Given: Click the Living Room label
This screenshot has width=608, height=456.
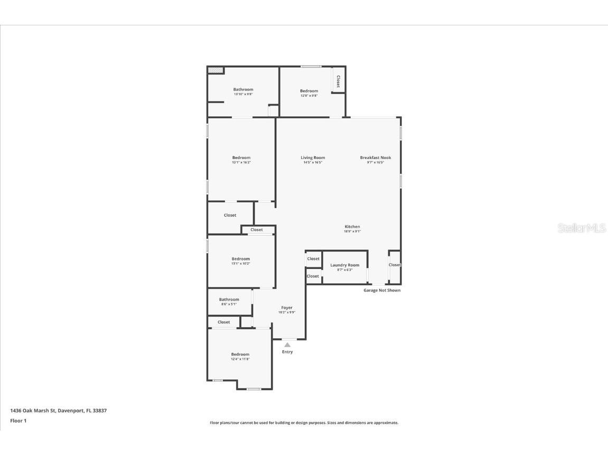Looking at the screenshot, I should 313,157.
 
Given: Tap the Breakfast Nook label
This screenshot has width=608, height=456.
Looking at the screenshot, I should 376,157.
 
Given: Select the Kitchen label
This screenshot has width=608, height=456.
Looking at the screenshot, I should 352,227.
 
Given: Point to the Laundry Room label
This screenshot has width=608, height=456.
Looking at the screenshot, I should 344,265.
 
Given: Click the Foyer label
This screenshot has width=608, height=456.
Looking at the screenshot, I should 287,308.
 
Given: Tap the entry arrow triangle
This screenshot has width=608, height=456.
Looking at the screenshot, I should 287,345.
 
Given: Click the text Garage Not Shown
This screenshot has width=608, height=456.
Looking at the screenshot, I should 382,290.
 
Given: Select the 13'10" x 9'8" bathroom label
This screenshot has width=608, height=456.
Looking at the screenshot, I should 244,90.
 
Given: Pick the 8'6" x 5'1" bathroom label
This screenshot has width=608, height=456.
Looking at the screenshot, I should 229,300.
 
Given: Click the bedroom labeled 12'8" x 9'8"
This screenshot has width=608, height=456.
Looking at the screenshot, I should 309,91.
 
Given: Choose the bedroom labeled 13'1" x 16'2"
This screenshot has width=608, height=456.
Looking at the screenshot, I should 241,158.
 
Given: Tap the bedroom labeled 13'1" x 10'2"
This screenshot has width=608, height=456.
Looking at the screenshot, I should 241,259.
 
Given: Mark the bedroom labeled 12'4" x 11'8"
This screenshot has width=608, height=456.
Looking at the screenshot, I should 240,355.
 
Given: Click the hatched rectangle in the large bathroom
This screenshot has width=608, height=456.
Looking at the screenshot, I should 215,70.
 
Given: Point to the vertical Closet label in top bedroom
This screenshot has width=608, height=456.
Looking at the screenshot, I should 338,81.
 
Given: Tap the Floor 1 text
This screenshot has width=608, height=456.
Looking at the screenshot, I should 18,421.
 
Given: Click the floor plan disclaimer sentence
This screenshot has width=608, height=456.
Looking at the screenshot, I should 304,423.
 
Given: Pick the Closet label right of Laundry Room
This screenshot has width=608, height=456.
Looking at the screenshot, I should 395,265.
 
